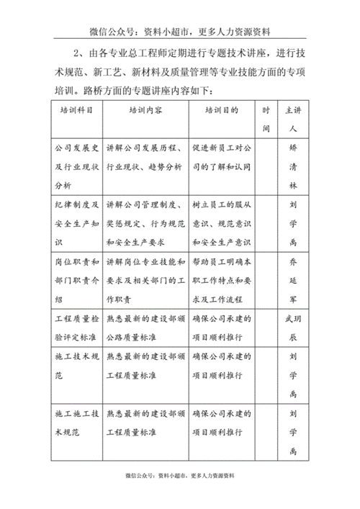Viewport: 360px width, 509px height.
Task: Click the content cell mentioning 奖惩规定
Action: coord(146,222)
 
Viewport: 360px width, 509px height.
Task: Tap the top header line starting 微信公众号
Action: coord(180,32)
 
